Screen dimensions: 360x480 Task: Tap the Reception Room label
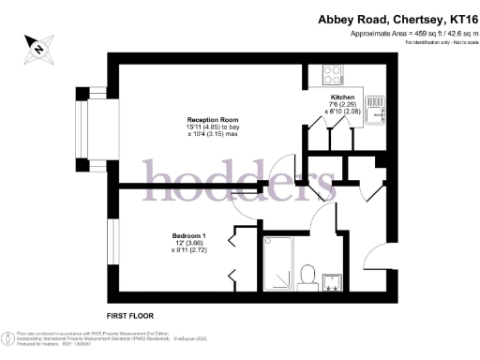213,120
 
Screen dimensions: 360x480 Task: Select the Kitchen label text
341,97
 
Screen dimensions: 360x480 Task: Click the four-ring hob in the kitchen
333,72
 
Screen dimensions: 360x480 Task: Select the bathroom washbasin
332,280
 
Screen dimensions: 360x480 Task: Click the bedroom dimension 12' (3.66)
190,243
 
